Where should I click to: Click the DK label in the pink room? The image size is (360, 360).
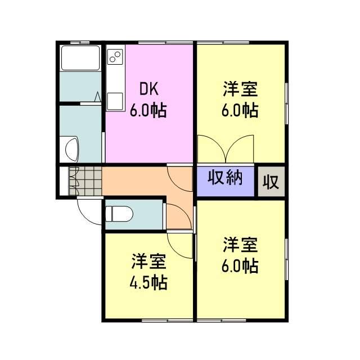click(149, 89)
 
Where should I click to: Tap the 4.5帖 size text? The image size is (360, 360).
click(149, 282)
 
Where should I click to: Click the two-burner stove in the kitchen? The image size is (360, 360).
click(115, 57)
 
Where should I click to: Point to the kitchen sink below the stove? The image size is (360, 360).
click(114, 100)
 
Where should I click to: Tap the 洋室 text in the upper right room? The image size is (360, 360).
click(240, 88)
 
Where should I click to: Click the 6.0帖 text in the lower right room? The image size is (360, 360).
click(240, 265)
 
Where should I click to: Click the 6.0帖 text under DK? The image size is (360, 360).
click(148, 110)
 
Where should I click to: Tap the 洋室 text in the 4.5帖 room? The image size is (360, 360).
click(148, 261)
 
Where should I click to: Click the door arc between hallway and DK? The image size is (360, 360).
click(181, 177)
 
